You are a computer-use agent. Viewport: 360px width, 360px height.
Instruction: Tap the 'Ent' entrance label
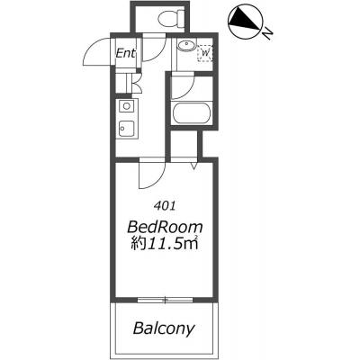(x=126, y=53)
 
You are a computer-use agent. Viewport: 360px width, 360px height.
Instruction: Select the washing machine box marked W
(x=205, y=53)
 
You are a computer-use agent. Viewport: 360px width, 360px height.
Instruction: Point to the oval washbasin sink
(x=186, y=46)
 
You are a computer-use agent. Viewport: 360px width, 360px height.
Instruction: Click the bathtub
(x=191, y=112)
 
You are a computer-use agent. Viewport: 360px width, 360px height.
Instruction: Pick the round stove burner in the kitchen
(x=127, y=106)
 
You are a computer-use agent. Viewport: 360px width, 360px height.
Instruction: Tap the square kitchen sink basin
(x=127, y=129)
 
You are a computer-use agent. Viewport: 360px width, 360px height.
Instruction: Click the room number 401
(x=164, y=205)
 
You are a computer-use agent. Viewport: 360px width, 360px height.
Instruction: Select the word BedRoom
(x=165, y=227)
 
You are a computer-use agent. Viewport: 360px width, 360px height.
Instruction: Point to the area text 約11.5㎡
(x=165, y=244)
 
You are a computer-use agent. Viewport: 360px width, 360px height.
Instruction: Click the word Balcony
(x=164, y=328)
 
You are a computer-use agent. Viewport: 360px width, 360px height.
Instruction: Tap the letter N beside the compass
(x=267, y=34)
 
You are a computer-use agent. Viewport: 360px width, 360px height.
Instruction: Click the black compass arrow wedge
(x=244, y=21)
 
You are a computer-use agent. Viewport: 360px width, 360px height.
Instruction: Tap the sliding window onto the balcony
(x=165, y=300)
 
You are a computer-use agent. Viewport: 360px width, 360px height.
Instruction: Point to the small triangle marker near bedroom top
(x=194, y=166)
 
